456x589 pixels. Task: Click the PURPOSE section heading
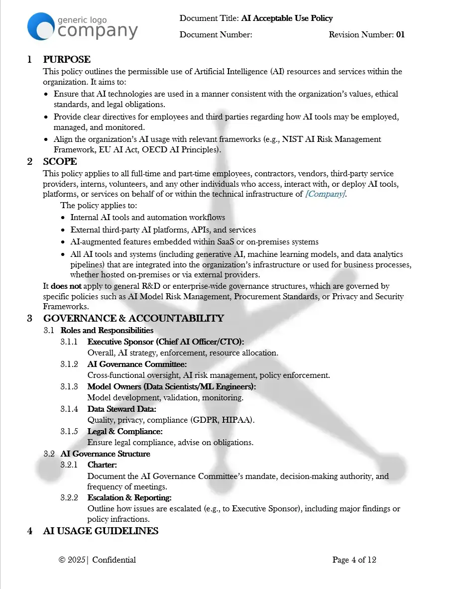67,60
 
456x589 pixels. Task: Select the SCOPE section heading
60,162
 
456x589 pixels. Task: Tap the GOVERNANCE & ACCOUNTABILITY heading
133,319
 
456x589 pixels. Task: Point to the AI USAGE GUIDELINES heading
101,531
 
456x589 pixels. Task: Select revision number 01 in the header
400,35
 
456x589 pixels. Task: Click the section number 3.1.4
69,409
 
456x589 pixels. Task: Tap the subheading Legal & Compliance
125,432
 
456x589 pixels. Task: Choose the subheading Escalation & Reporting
129,498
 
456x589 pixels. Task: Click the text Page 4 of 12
354,560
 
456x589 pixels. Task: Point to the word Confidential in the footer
114,560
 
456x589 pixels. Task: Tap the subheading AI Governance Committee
137,364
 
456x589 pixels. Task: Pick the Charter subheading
102,465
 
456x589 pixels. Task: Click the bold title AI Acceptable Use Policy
287,18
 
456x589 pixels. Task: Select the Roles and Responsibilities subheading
107,331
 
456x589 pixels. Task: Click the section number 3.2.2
69,498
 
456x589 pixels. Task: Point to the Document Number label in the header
216,35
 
